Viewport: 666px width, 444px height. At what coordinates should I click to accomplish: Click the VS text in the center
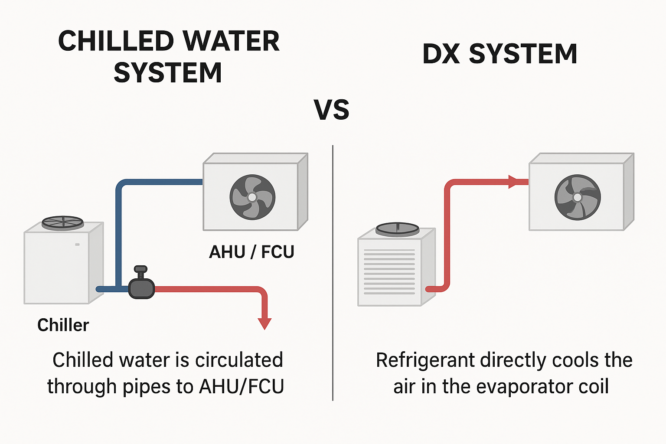pyautogui.click(x=332, y=110)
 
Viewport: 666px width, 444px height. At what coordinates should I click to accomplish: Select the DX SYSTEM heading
pyautogui.click(x=499, y=54)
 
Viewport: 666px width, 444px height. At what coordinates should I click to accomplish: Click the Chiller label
pyautogui.click(x=63, y=325)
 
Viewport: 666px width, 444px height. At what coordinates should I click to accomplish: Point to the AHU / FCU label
pyautogui.click(x=251, y=252)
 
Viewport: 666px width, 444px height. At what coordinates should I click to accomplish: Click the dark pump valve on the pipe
pyautogui.click(x=141, y=287)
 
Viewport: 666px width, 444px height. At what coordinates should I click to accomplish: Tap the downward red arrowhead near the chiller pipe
pyautogui.click(x=264, y=323)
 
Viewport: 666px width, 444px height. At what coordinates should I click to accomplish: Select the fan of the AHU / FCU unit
pyautogui.click(x=252, y=197)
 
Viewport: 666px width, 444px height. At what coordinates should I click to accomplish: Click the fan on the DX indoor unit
pyautogui.click(x=577, y=197)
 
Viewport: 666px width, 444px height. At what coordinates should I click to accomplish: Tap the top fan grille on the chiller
pyautogui.click(x=62, y=223)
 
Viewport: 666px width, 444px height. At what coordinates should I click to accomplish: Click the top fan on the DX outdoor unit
pyautogui.click(x=397, y=229)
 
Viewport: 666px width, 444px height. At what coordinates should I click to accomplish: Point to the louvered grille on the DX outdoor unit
pyautogui.click(x=389, y=271)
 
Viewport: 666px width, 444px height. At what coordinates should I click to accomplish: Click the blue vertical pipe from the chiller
pyautogui.click(x=118, y=234)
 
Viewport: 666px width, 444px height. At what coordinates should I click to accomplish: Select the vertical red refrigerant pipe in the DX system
pyautogui.click(x=447, y=234)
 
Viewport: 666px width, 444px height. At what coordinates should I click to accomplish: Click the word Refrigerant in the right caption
pyautogui.click(x=425, y=360)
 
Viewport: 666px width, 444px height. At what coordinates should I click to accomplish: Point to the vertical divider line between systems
pyautogui.click(x=333, y=273)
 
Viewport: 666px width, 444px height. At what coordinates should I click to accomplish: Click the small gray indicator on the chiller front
pyautogui.click(x=77, y=245)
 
